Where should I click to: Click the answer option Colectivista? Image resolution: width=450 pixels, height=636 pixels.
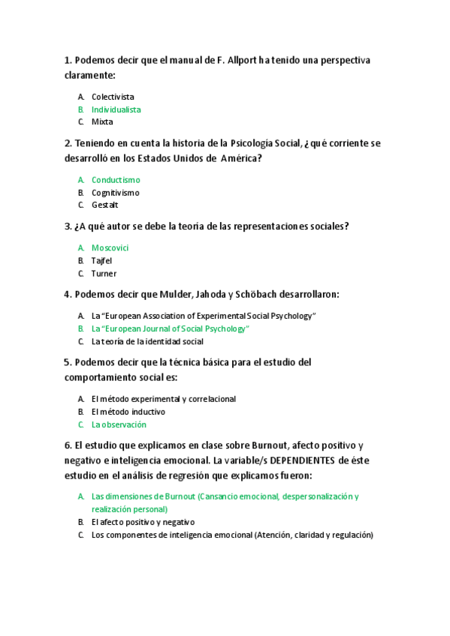113,97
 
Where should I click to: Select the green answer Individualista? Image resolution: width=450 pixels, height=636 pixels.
116,109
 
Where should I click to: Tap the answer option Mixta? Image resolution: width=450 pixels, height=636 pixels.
102,121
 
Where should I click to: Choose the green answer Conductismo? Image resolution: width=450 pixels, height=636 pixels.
116,180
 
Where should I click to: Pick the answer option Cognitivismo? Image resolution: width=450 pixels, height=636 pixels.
116,193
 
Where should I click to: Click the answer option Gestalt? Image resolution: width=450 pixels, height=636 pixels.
105,205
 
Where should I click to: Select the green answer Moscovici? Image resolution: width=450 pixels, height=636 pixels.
110,247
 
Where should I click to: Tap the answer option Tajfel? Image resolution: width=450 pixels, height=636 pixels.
101,260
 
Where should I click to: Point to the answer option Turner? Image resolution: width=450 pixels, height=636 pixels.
104,273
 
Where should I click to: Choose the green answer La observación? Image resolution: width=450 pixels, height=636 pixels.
119,424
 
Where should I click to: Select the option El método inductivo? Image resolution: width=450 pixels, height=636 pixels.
128,412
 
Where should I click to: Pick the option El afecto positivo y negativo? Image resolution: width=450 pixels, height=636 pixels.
143,522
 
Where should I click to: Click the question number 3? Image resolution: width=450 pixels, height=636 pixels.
68,226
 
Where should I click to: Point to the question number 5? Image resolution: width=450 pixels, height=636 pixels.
68,362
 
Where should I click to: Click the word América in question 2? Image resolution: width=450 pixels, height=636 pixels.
240,158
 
